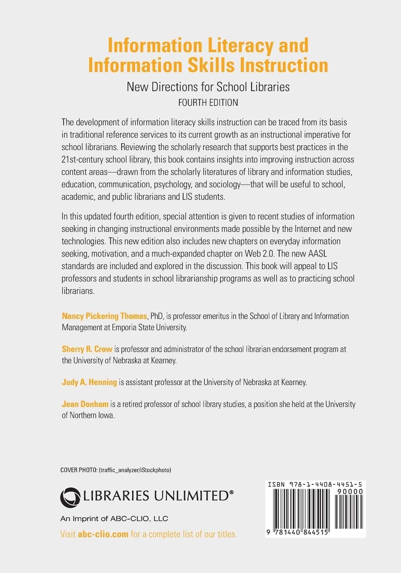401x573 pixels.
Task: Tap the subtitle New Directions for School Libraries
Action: [208, 87]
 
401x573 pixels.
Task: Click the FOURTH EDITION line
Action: [208, 102]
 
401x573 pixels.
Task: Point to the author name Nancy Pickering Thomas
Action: [104, 316]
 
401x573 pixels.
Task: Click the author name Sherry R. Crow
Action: [87, 349]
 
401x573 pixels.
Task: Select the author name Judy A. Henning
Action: [89, 382]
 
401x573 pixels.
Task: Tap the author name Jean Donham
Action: [85, 404]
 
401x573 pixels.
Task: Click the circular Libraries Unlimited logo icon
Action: [70, 497]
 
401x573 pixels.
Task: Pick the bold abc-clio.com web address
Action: [103, 534]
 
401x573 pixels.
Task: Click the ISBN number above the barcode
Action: [315, 485]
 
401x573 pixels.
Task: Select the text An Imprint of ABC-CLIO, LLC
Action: [114, 519]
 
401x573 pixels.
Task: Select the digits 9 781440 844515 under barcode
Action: [297, 533]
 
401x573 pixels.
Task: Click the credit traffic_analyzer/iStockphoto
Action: [135, 470]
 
